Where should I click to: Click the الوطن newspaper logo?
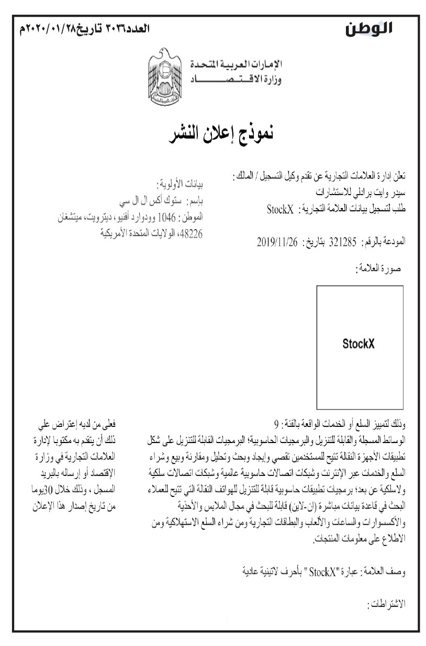pos(370,29)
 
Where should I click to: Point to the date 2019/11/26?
pos(277,242)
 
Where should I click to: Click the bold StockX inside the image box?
pos(358,344)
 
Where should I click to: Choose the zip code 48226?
pos(189,233)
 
